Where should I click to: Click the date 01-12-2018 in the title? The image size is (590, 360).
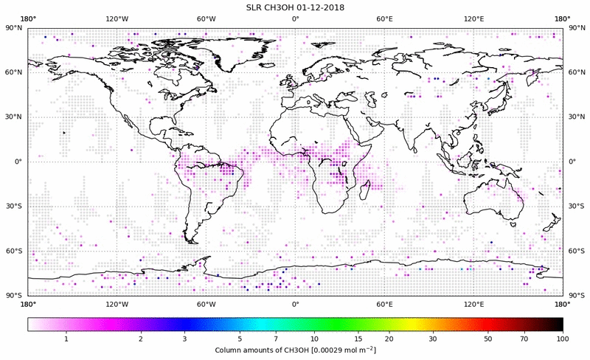(322, 7)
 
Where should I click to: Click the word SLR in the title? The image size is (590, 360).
(256, 7)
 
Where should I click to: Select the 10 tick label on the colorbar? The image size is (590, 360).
(315, 339)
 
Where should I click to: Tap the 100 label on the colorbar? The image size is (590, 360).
(563, 339)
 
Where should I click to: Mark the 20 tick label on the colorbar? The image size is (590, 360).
(389, 339)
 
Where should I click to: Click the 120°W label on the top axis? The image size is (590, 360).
(117, 18)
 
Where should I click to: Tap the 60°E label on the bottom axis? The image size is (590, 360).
(384, 303)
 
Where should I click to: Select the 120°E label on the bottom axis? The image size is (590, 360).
(473, 303)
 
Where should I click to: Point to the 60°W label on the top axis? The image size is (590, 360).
(206, 18)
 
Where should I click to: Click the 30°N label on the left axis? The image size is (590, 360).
(15, 117)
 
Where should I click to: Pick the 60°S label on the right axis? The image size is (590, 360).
(577, 252)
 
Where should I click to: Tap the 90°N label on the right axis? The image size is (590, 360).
(577, 27)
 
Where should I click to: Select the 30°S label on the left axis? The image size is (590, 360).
(15, 207)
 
